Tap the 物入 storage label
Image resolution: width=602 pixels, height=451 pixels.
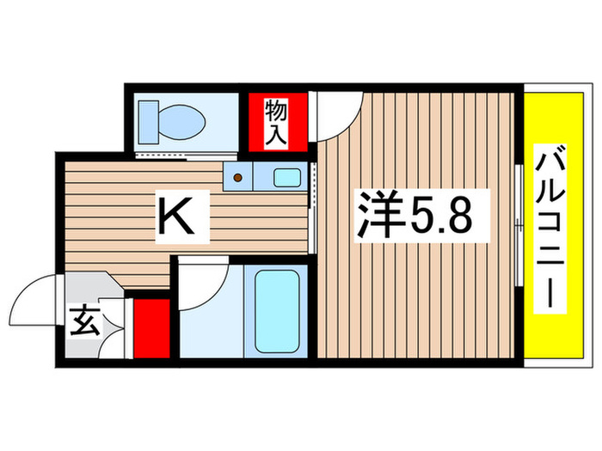click(x=275, y=122)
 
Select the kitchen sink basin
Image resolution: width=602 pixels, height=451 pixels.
click(x=285, y=179)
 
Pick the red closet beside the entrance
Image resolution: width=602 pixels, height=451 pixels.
click(x=150, y=327)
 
